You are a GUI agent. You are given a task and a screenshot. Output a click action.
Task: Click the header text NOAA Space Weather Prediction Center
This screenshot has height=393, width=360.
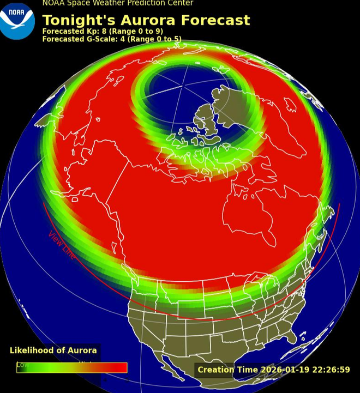[118, 3]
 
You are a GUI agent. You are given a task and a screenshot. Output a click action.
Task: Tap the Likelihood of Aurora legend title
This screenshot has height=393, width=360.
[53, 350]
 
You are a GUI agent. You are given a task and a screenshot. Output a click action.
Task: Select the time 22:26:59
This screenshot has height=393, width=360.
[330, 370]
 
